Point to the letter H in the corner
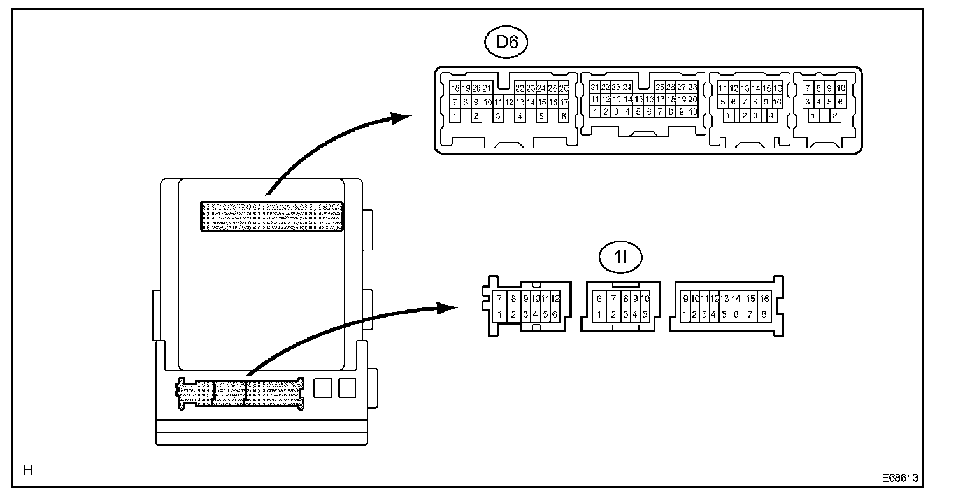(28, 471)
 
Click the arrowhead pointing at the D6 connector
(401, 117)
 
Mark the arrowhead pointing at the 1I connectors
(448, 308)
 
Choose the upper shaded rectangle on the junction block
(272, 216)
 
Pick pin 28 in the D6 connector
(693, 87)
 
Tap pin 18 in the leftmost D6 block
(455, 88)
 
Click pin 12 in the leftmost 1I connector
(555, 299)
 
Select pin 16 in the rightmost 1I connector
(764, 299)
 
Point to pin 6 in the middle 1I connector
(599, 299)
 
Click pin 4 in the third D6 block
(771, 116)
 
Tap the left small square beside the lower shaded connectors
(324, 388)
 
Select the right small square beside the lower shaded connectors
(347, 388)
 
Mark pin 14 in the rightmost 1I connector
(736, 299)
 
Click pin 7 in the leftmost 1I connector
(499, 299)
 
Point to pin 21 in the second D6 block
(595, 87)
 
